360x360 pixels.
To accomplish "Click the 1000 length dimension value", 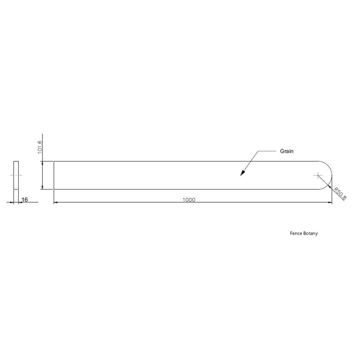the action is click(189, 200).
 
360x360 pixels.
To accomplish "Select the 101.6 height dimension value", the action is click(40, 147).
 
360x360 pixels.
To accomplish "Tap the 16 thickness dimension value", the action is click(24, 199).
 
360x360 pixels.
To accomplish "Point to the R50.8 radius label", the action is click(340, 194).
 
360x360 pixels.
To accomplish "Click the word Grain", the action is click(287, 151).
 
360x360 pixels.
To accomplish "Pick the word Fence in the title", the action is click(296, 233).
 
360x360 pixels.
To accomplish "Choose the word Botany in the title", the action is click(310, 234).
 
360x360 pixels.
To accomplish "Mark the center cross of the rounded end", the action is click(318, 175).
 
